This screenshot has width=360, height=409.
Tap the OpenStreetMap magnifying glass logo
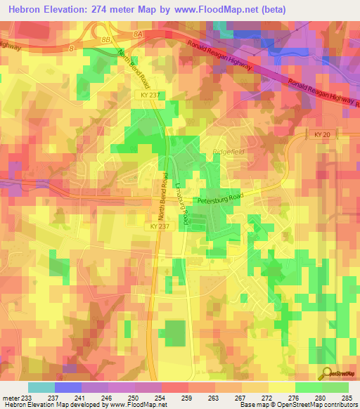pos(326,372)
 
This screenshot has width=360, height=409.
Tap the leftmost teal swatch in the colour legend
pos(41,387)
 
